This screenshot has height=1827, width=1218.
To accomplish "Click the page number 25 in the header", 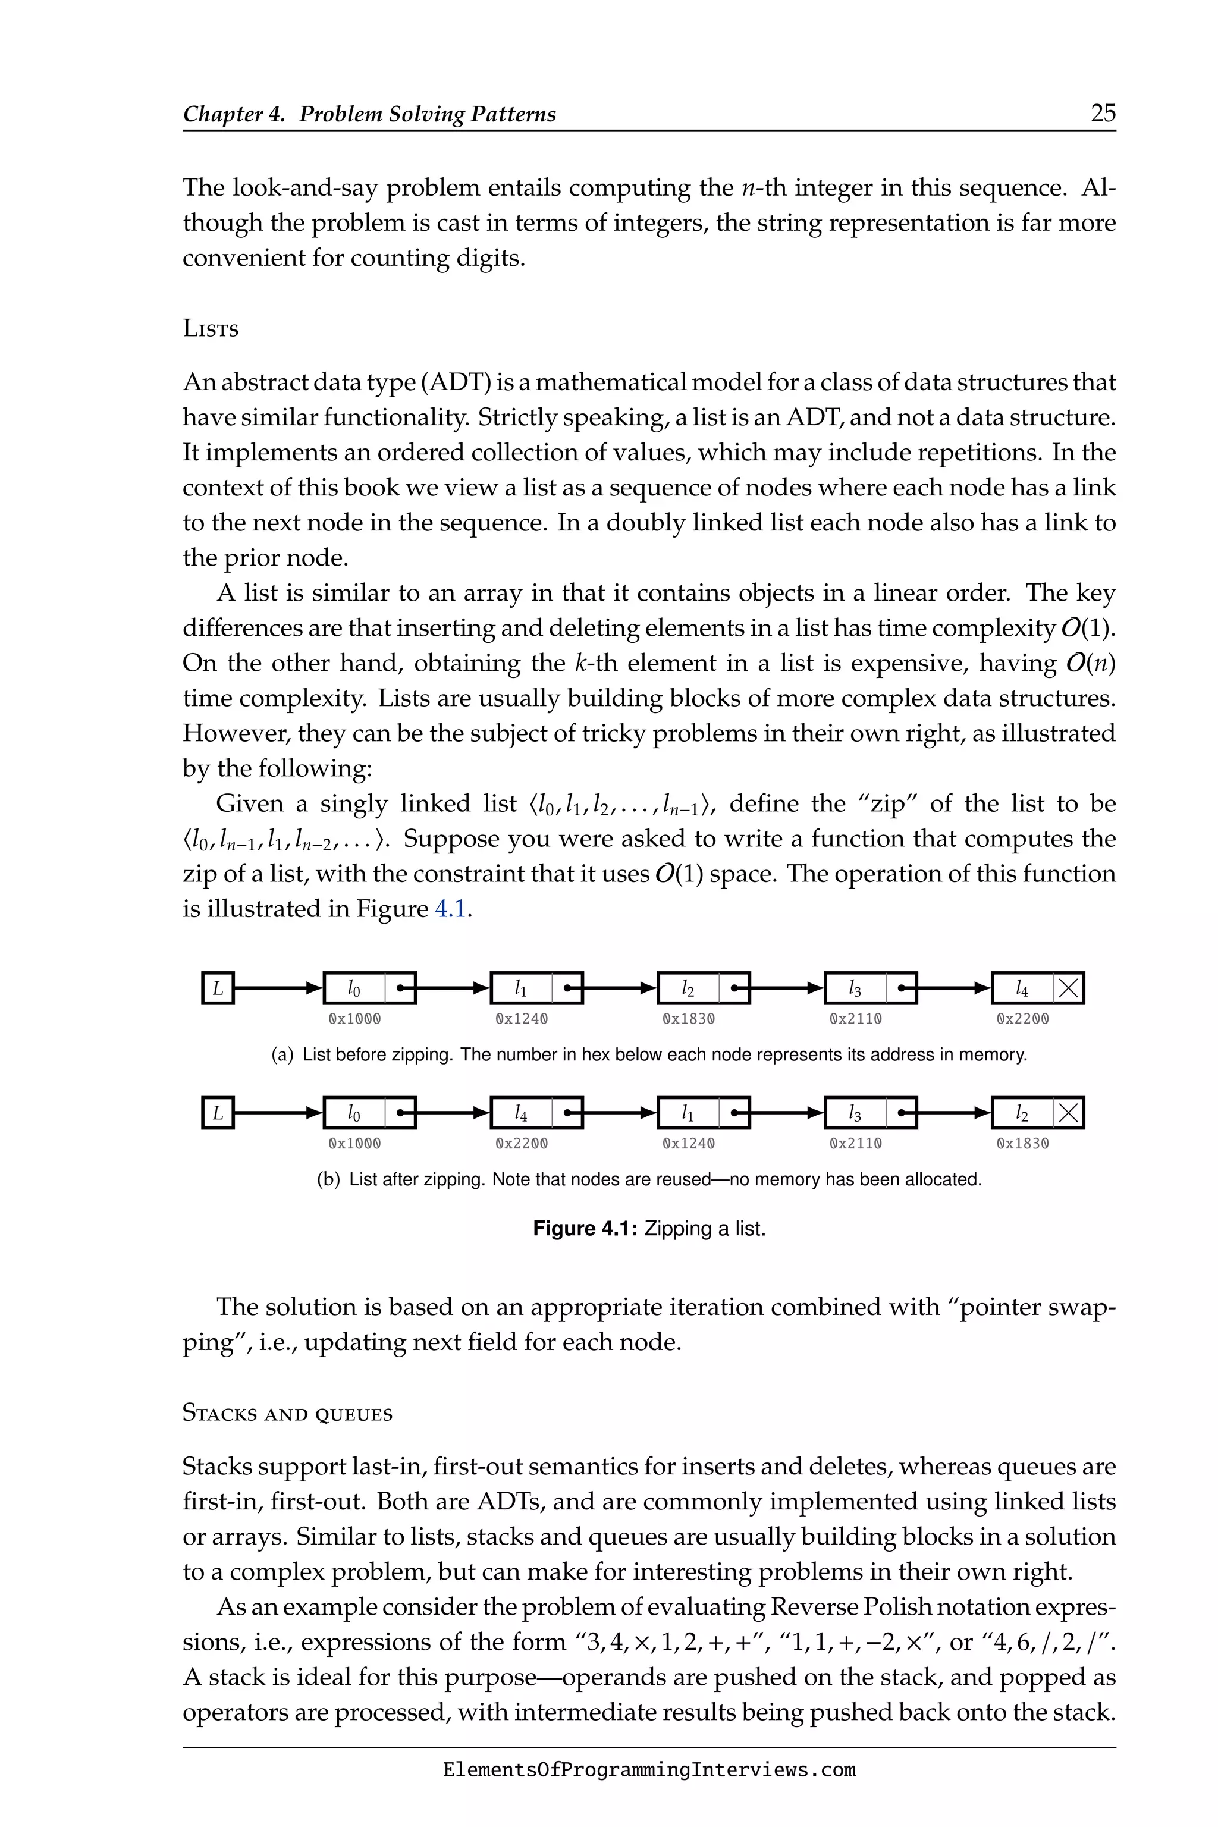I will (x=1103, y=114).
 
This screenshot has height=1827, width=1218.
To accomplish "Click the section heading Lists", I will (x=211, y=328).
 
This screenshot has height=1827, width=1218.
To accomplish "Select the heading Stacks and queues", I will (x=287, y=1413).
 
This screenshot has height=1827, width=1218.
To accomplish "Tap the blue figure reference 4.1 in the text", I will (x=451, y=909).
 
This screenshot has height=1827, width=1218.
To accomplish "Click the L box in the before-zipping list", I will (x=218, y=988).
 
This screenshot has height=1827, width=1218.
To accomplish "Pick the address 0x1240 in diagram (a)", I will (x=521, y=1018).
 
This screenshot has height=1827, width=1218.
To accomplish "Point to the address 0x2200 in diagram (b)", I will (x=521, y=1144).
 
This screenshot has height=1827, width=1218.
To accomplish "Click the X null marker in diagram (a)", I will (x=1069, y=988).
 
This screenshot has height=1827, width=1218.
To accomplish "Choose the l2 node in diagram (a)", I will (x=688, y=988).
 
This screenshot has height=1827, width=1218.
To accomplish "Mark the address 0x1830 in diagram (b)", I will (x=1022, y=1144).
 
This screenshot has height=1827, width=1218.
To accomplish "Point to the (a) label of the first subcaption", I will (x=282, y=1055).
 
